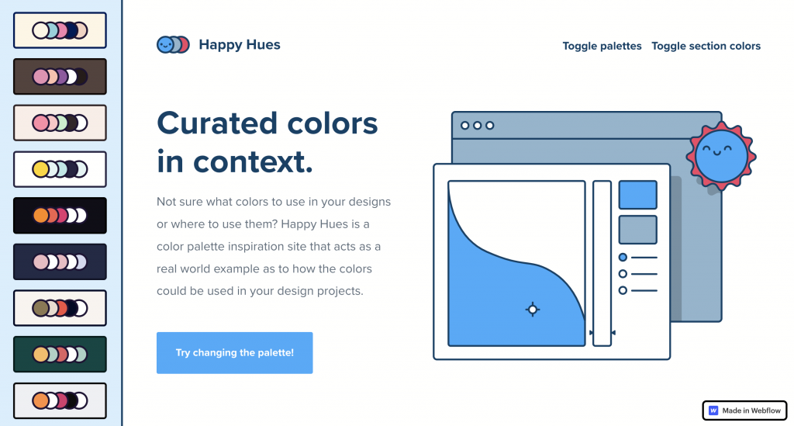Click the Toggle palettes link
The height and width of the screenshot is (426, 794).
602,46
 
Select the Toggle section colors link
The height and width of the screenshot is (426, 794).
706,46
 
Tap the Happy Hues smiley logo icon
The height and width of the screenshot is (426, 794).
173,45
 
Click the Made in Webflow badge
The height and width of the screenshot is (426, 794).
744,410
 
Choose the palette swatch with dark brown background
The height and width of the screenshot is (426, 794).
60,77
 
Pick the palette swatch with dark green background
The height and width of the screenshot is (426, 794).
60,354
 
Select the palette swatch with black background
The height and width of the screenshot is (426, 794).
60,215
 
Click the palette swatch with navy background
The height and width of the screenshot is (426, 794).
60,261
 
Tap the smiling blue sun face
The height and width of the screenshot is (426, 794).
721,156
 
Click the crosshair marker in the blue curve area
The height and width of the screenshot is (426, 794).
532,309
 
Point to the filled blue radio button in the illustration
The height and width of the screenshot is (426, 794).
623,258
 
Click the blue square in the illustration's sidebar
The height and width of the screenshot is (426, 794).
637,195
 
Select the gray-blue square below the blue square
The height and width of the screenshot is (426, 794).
637,230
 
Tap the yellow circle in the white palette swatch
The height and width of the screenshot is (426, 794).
40,169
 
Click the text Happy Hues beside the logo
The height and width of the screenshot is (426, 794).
240,44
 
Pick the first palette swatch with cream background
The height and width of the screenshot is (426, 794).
60,30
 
